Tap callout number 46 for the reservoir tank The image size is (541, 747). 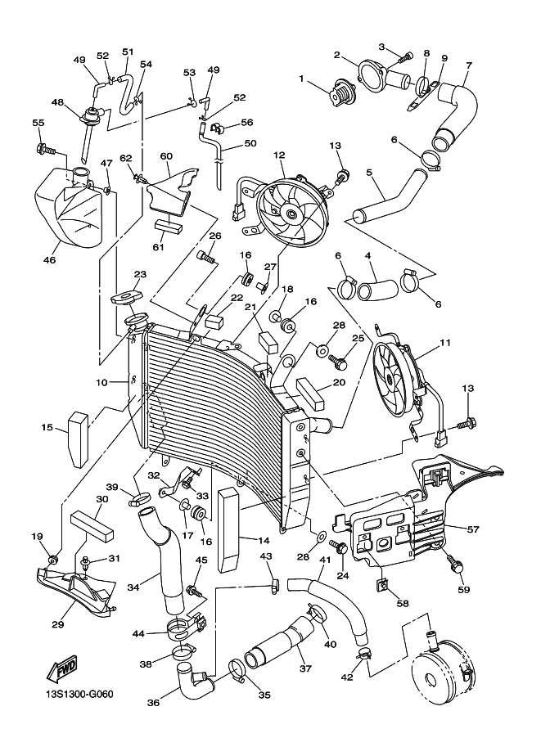tap(49, 260)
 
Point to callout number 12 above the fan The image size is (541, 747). tap(279, 155)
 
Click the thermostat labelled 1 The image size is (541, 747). tap(337, 94)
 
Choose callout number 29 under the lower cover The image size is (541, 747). tap(57, 624)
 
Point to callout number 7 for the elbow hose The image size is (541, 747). tap(469, 65)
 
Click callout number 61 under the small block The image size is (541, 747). tap(159, 247)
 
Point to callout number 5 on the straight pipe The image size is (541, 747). tap(369, 173)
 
